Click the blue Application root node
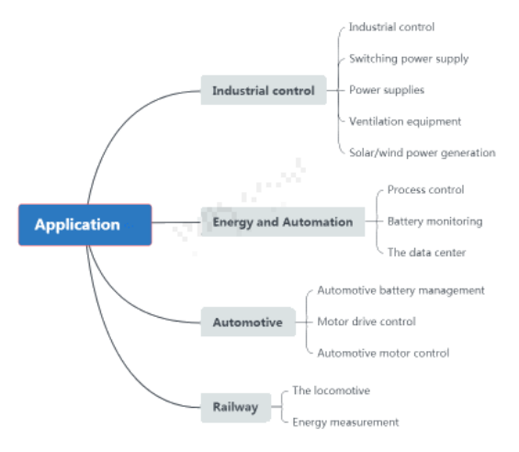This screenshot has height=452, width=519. click(x=85, y=225)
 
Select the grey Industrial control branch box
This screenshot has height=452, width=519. click(x=264, y=90)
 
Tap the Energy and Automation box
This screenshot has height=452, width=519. click(x=283, y=221)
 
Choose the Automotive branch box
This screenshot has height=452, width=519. click(x=248, y=322)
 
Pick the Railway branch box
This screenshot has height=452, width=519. click(x=236, y=408)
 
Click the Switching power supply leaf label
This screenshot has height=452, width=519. click(x=409, y=59)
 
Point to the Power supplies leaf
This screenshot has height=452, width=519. click(x=387, y=90)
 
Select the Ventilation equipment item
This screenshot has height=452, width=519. click(x=405, y=121)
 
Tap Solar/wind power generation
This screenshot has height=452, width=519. click(x=423, y=153)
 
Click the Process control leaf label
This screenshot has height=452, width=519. click(x=425, y=190)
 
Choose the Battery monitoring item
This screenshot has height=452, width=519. click(x=434, y=221)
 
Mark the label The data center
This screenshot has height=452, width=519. click(x=426, y=253)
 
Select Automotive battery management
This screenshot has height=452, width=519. click(x=401, y=290)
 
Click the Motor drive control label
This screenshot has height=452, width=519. click(x=367, y=322)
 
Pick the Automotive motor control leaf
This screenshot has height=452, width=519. click(x=383, y=353)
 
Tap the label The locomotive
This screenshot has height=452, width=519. click(x=332, y=390)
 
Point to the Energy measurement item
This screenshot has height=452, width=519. click(x=345, y=423)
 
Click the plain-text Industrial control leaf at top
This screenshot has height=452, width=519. click(x=391, y=28)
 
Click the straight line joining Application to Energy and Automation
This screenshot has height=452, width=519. click(x=176, y=222)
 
